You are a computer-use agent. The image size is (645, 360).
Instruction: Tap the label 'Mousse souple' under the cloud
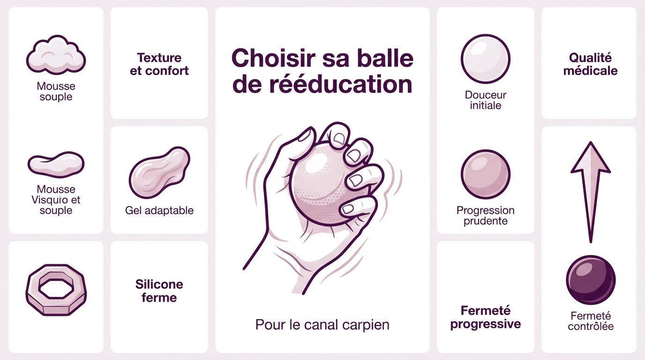[x=56, y=91]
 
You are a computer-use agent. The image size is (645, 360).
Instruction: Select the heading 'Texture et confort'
[x=159, y=64]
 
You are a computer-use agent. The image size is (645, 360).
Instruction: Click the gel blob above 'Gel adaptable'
[x=159, y=172]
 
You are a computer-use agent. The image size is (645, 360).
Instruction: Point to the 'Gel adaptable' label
[x=159, y=210]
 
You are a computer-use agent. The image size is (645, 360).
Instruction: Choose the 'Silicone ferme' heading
[x=159, y=291]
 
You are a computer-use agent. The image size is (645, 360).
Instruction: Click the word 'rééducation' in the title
[x=322, y=85]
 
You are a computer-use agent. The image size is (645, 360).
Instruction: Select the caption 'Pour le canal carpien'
[x=322, y=324]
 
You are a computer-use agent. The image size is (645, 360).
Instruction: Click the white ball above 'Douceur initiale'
[x=485, y=59]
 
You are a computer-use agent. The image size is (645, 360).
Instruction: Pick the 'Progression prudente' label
[x=485, y=216]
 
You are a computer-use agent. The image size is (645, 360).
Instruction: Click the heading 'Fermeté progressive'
[x=485, y=317]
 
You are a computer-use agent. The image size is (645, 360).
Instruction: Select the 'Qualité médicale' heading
[x=590, y=64]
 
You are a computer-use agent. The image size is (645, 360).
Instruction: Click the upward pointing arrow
[x=591, y=187]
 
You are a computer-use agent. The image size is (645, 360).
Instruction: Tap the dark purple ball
[x=591, y=280]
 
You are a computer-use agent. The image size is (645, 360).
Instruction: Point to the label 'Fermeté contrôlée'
[x=591, y=321]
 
